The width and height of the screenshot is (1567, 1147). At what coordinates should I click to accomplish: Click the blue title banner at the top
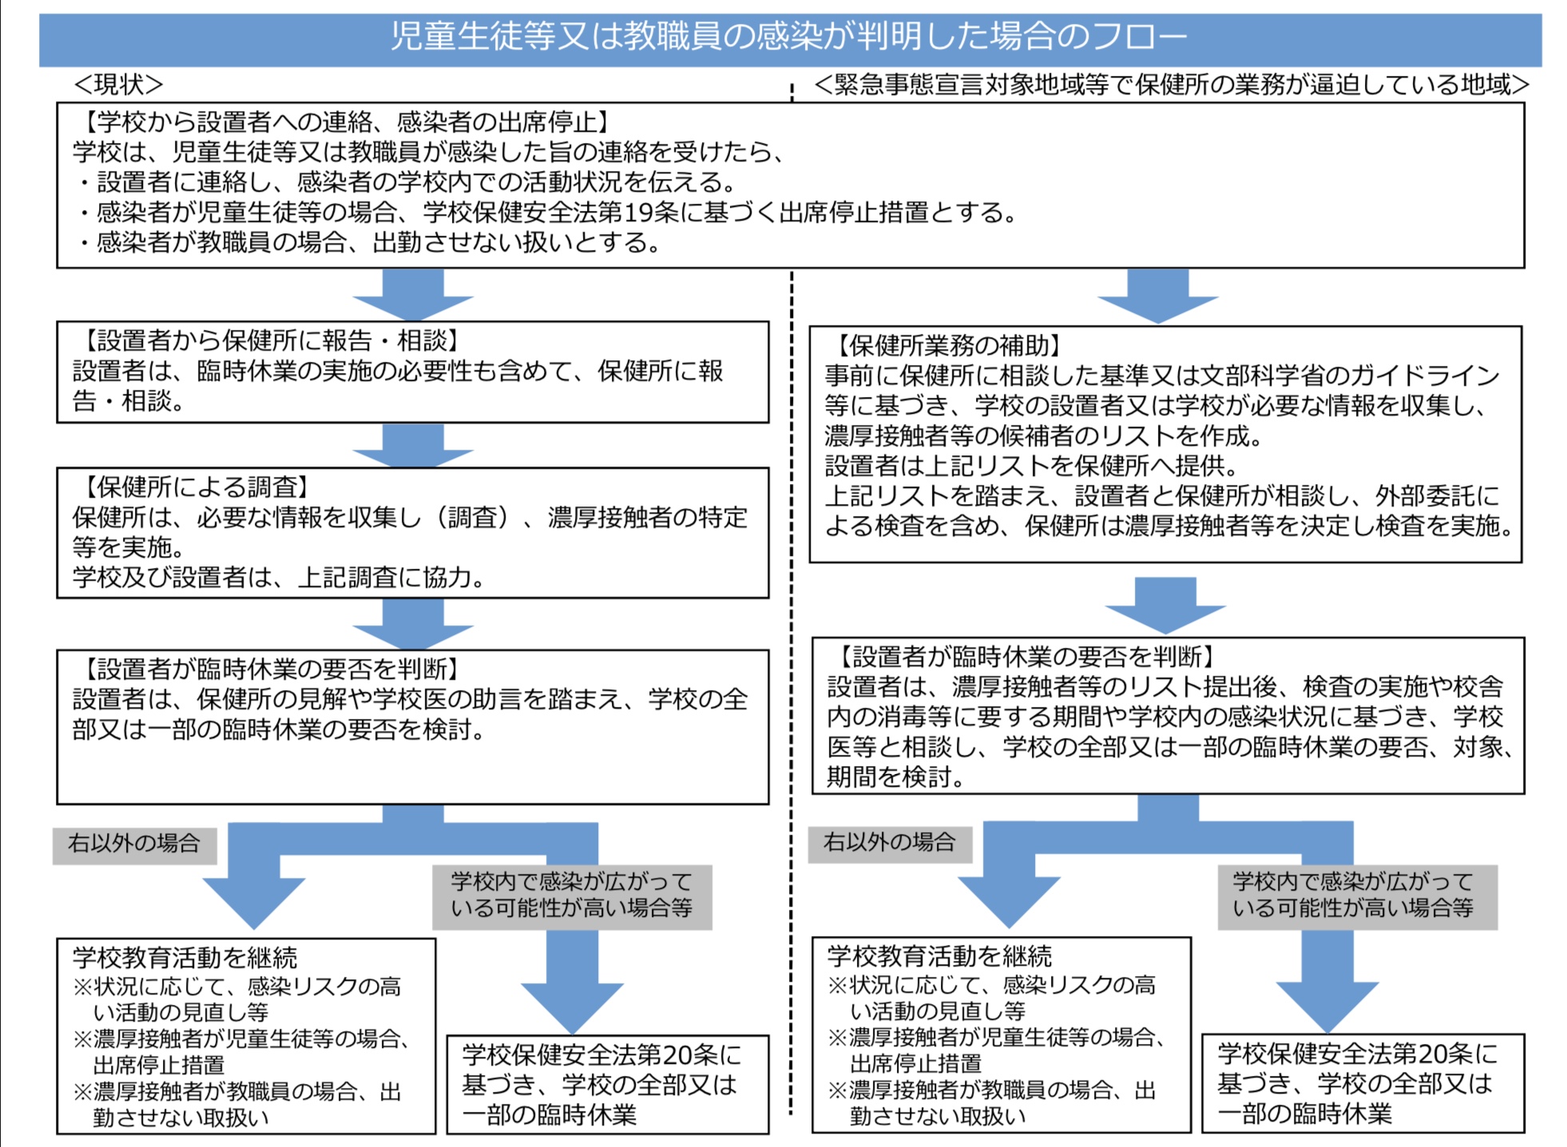point(790,38)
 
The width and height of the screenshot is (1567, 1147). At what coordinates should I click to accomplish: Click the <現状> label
point(118,84)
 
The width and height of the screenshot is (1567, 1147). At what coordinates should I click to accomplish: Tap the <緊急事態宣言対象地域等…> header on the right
point(1172,84)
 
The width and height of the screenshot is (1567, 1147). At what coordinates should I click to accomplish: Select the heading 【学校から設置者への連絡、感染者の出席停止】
point(344,122)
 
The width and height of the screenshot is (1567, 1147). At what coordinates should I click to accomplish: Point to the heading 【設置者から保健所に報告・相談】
point(270,341)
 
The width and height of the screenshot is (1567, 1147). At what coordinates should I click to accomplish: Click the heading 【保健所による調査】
point(195,487)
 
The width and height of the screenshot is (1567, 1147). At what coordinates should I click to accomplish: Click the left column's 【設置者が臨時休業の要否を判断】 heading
point(270,669)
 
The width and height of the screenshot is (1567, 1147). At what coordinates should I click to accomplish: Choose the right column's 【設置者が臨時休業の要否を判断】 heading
point(1025,657)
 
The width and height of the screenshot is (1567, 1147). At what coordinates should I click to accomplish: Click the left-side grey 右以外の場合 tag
point(134,844)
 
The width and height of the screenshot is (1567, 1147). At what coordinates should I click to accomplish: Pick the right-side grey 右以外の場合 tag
point(890,843)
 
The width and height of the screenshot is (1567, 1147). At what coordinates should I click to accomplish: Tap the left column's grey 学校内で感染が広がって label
point(572,882)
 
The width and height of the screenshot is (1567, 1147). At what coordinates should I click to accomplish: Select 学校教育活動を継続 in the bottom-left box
point(184,958)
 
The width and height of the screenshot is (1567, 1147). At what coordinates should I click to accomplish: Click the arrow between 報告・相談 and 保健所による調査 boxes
point(413,445)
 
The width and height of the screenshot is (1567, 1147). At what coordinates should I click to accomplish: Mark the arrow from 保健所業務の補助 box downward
point(1165,605)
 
